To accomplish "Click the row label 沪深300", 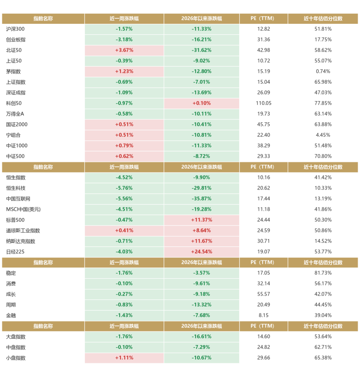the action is (x=15, y=29).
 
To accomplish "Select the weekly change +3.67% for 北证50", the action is (x=124, y=50).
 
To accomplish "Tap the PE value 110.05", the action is (x=263, y=103).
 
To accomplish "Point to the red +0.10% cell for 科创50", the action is (x=201, y=103).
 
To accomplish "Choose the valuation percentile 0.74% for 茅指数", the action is (x=323, y=71).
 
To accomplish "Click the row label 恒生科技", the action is (x=16, y=188).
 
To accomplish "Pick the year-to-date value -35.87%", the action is (x=201, y=199).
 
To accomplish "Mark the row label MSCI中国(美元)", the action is (x=23, y=209).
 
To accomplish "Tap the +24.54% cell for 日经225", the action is (x=201, y=252).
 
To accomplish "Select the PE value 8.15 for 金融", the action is (x=263, y=315).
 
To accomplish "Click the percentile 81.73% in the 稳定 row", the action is (x=323, y=273).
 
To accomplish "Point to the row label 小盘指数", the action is (x=16, y=358).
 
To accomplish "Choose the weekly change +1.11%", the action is (x=124, y=358).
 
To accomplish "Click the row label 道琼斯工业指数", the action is (x=23, y=230).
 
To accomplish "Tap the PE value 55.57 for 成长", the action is (x=263, y=294).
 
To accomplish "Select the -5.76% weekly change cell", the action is (x=124, y=188).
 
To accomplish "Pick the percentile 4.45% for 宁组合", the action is (x=323, y=135).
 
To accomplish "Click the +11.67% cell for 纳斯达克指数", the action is (x=201, y=241).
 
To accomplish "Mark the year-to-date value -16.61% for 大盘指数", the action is (x=201, y=337).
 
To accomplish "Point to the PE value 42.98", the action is (x=263, y=50).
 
